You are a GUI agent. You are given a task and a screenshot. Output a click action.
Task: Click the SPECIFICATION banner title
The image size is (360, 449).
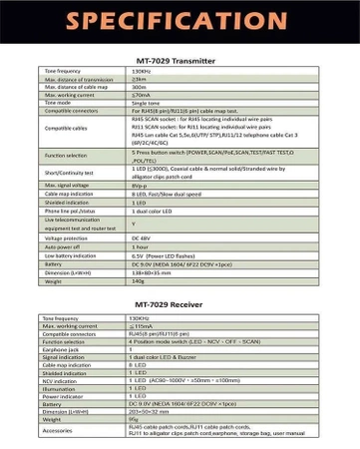point(180,21)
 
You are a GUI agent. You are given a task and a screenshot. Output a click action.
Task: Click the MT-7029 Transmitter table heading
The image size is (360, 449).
point(180,60)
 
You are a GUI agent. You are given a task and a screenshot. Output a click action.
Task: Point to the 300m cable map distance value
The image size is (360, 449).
point(139,87)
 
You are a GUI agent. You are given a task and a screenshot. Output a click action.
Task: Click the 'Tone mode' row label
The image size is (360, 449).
point(58,102)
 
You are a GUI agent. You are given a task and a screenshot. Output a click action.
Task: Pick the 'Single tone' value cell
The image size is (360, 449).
point(146,102)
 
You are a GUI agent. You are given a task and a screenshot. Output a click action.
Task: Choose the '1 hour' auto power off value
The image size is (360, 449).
point(141,246)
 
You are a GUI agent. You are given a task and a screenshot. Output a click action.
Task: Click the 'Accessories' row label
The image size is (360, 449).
point(58,430)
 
